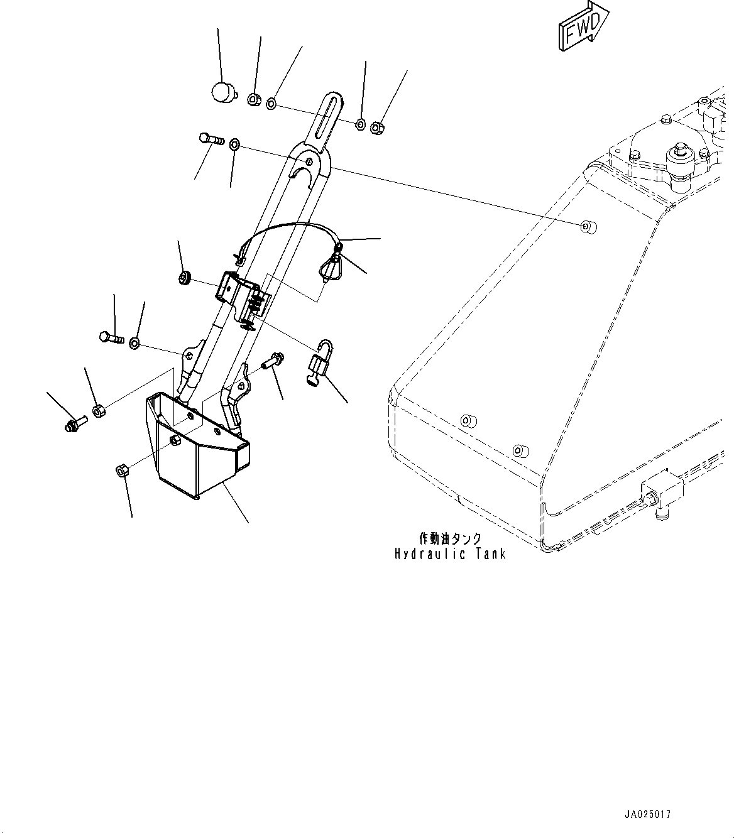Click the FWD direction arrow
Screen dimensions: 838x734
click(582, 27)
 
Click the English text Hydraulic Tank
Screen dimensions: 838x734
click(450, 554)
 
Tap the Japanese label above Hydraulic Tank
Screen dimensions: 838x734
click(450, 538)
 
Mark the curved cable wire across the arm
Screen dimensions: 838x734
click(289, 228)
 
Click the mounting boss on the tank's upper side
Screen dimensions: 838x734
click(587, 226)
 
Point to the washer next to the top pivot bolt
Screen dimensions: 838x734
click(234, 145)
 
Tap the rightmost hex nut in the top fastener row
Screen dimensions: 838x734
click(377, 128)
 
